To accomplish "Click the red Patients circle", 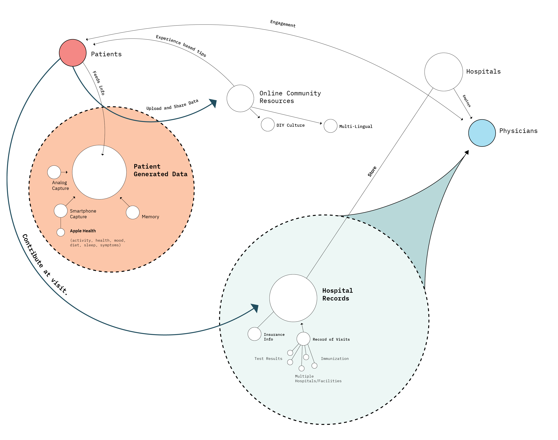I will (x=73, y=53).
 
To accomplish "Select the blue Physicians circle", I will (x=482, y=133).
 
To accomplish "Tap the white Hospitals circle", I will (x=443, y=72).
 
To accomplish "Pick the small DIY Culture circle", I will (x=267, y=125).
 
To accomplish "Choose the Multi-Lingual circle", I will (x=330, y=126).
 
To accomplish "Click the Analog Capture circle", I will (x=54, y=172).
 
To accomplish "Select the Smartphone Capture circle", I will (x=61, y=211).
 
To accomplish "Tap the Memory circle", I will (x=133, y=213).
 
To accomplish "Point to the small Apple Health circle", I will (x=61, y=232).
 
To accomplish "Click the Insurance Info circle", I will (x=254, y=334).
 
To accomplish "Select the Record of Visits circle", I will (x=303, y=339).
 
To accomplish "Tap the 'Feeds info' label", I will (x=99, y=83).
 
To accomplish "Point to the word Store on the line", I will (x=372, y=172).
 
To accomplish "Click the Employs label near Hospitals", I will (x=467, y=101).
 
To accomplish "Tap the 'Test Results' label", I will (x=268, y=359).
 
